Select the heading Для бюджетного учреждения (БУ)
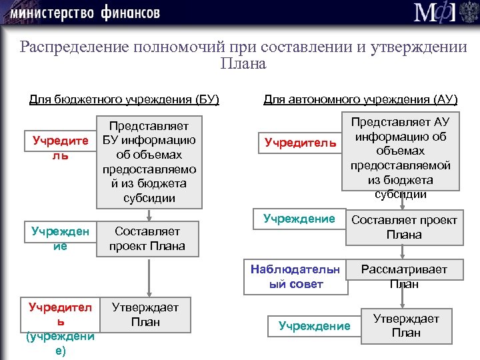[x=125, y=100]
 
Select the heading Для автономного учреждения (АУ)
[x=361, y=100]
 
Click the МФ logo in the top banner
[x=433, y=13]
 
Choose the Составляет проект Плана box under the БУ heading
[x=147, y=239]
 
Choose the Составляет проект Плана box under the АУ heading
[x=404, y=227]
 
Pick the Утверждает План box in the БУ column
[x=145, y=315]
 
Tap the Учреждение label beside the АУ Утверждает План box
[x=314, y=326]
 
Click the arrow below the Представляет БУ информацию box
[x=150, y=215]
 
